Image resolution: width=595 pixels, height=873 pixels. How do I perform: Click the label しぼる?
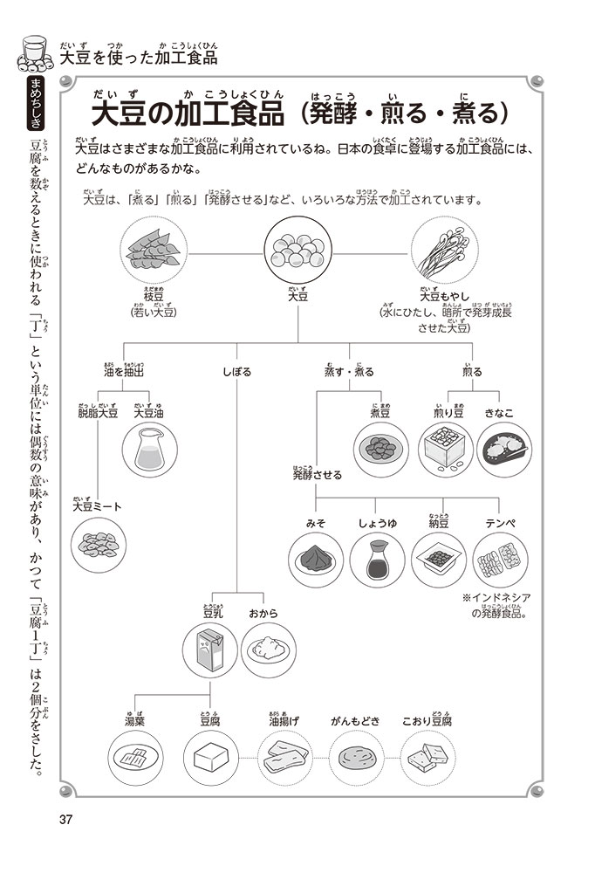click(236, 372)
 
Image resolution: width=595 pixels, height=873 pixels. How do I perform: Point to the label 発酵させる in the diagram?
click(318, 475)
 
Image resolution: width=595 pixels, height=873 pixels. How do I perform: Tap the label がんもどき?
click(356, 722)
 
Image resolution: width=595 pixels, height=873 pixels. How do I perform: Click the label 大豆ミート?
click(98, 506)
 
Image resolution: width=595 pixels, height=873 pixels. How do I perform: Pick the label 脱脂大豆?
click(98, 413)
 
